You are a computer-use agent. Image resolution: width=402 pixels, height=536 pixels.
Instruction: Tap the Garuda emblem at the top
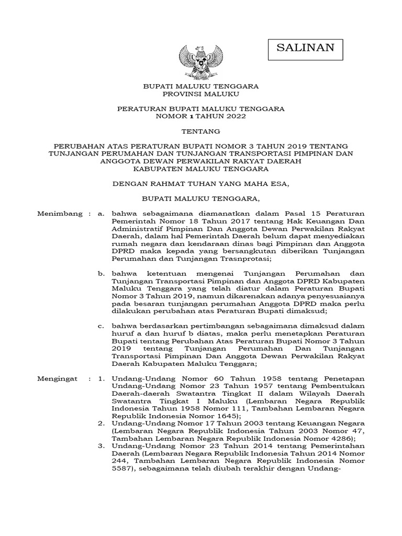pyautogui.click(x=201, y=61)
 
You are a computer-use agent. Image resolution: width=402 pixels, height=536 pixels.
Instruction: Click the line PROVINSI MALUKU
pyautogui.click(x=201, y=94)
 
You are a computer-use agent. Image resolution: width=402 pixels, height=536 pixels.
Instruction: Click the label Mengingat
pyautogui.click(x=58, y=378)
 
